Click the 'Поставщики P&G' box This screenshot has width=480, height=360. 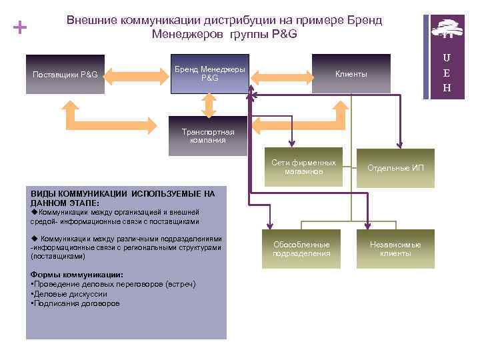(x=65, y=74)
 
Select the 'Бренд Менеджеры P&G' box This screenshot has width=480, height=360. (x=209, y=74)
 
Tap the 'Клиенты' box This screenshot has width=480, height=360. (x=351, y=74)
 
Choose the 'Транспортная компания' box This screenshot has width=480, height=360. (x=207, y=136)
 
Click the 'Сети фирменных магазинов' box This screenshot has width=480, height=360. (x=303, y=167)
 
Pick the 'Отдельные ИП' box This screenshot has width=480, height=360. (x=396, y=168)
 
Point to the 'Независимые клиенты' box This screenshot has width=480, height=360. (x=396, y=249)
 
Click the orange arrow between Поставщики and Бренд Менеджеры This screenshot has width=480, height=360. (x=137, y=74)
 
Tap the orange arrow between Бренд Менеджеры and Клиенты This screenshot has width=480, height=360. (x=281, y=74)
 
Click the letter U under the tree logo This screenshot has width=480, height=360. (x=447, y=59)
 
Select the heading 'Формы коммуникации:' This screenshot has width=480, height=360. (x=77, y=275)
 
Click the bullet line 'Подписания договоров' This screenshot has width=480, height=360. (x=77, y=303)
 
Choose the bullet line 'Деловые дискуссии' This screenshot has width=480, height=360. (x=71, y=294)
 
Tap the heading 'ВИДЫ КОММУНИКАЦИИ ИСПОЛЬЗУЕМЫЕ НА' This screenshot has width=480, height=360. (x=123, y=194)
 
